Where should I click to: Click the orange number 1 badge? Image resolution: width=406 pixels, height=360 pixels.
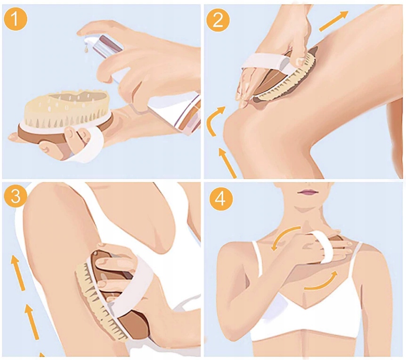coord(15,19)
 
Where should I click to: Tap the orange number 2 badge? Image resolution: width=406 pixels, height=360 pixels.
coord(218,20)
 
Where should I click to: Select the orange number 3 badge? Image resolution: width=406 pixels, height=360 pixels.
coord(15,196)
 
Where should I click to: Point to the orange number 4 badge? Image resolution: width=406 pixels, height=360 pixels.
coord(221,199)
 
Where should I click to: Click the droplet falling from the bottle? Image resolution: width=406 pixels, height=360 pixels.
coord(86,48)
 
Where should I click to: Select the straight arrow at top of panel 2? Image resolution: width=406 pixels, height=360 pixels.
coord(334,21)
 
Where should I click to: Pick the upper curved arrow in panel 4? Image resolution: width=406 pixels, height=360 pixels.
coord(283,235)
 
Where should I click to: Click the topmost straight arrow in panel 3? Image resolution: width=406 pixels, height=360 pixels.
coord(17,272)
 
